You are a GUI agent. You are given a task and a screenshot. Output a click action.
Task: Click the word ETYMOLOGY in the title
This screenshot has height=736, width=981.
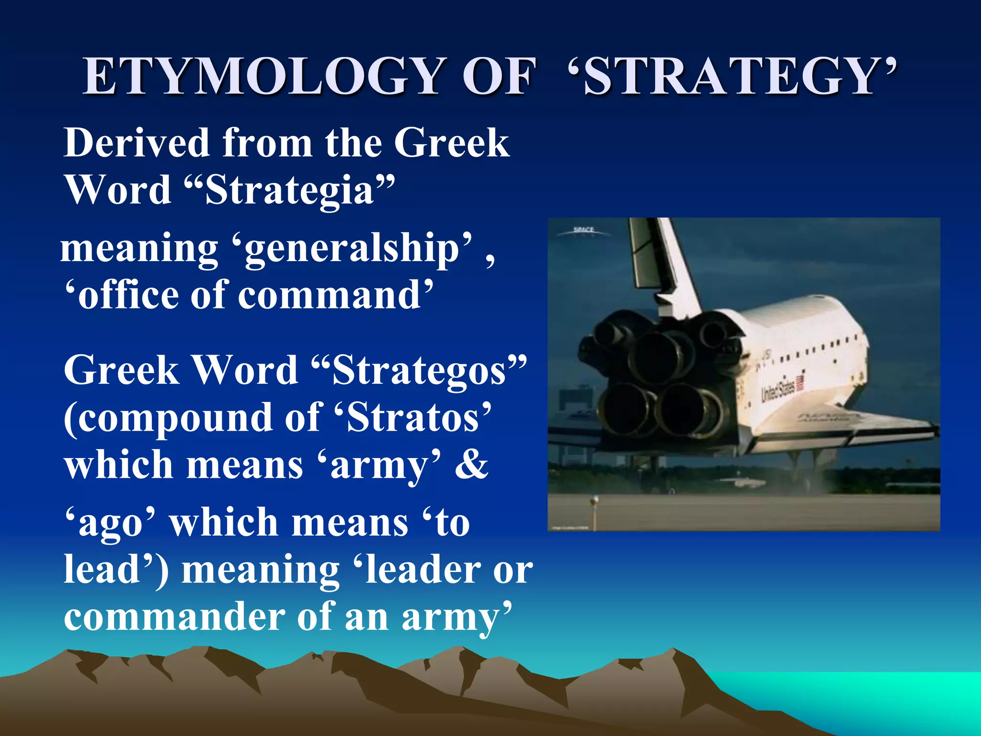pyautogui.click(x=262, y=77)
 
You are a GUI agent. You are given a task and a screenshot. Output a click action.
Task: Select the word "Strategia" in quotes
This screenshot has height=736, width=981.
pyautogui.click(x=289, y=190)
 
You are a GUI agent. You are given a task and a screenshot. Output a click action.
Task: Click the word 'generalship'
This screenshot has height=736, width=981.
pyautogui.click(x=353, y=248)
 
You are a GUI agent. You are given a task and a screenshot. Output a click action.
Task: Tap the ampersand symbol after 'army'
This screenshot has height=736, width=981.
pyautogui.click(x=471, y=465)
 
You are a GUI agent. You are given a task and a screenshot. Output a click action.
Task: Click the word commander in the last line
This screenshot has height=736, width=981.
pyautogui.click(x=174, y=617)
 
